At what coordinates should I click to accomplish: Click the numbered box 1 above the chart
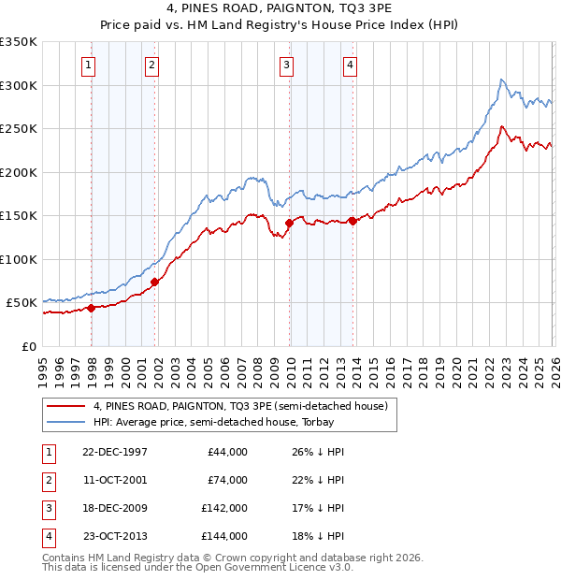click(88, 65)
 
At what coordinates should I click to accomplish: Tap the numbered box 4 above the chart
click(349, 65)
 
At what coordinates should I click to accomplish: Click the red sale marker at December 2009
click(289, 223)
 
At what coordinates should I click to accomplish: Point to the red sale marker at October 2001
click(154, 282)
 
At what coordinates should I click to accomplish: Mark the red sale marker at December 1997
click(92, 308)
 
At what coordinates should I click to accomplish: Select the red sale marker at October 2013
click(352, 221)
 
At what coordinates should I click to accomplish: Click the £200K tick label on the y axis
click(19, 172)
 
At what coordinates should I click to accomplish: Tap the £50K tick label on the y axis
click(22, 303)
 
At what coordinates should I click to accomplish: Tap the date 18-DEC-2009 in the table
click(115, 510)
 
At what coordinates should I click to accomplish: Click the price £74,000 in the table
click(228, 481)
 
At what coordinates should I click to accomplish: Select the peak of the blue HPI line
click(502, 80)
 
